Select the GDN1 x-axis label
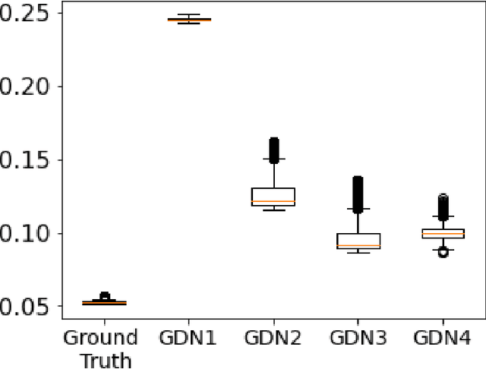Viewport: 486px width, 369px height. [x=188, y=338]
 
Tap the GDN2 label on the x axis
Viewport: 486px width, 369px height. [x=273, y=338]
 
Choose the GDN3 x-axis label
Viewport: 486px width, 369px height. [x=358, y=338]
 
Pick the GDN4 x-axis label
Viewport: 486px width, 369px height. [x=443, y=338]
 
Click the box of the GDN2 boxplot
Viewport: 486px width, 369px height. [x=273, y=195]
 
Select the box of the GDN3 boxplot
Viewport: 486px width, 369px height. [x=358, y=241]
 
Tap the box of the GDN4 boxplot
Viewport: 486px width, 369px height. [x=443, y=233]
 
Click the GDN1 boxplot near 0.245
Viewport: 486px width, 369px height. [x=188, y=19]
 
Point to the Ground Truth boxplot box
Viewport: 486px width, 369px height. [x=104, y=303]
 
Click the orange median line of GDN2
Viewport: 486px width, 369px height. [x=273, y=201]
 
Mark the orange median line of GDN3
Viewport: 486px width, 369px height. [x=358, y=245]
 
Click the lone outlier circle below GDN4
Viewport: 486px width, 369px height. [x=443, y=252]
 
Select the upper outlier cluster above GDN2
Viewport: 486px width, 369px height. [x=273, y=149]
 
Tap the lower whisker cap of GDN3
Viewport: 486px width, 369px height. [x=358, y=252]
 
